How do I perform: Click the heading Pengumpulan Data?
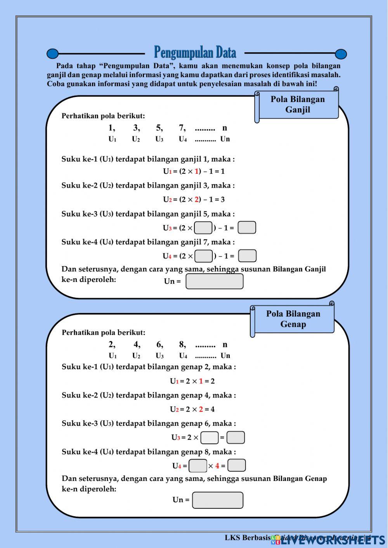click(195, 52)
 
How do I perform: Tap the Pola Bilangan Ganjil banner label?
click(298, 104)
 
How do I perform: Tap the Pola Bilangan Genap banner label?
click(293, 319)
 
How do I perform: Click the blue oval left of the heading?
click(52, 54)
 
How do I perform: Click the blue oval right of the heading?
click(341, 54)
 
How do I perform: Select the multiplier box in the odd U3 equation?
click(203, 228)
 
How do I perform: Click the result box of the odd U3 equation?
click(247, 228)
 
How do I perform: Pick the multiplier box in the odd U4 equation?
click(203, 256)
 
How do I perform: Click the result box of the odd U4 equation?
click(247, 256)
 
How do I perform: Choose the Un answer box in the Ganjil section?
click(215, 281)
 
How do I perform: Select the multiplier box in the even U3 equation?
click(210, 437)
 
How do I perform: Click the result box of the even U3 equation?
click(236, 437)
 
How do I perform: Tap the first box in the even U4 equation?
click(198, 465)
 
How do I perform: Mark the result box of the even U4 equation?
click(237, 465)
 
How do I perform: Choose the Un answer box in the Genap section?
click(218, 500)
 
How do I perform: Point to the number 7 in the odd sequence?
click(182, 128)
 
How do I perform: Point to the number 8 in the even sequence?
click(182, 344)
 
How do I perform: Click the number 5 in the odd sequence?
click(159, 128)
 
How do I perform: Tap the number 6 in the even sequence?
click(159, 344)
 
